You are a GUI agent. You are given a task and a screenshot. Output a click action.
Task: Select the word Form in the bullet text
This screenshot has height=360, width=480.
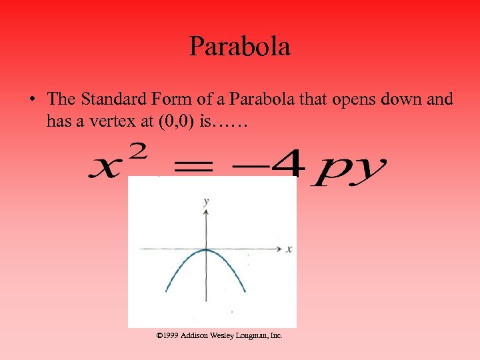click(x=175, y=99)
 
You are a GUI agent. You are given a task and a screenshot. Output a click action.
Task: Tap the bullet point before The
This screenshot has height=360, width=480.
click(x=31, y=100)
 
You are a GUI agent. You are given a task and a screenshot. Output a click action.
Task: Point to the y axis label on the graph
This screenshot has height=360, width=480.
click(x=207, y=200)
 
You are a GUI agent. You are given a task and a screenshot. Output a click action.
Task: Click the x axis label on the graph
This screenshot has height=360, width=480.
click(x=289, y=249)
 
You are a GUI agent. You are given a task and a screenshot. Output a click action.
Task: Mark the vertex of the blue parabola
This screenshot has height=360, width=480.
click(x=207, y=250)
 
